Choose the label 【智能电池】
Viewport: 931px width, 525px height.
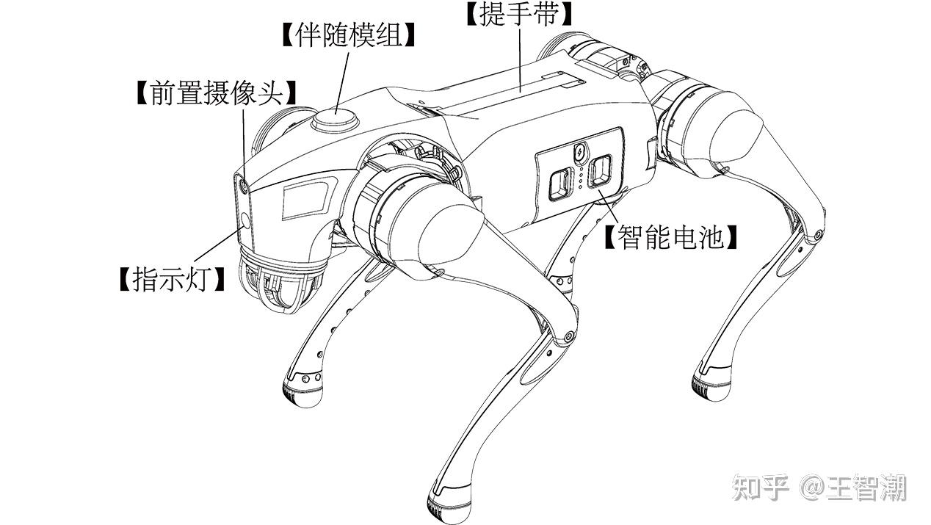670,237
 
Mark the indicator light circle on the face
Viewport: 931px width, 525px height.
245,219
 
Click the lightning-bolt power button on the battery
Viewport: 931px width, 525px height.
580,153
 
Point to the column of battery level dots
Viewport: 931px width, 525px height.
582,178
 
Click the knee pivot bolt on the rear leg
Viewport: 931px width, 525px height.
817,236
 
